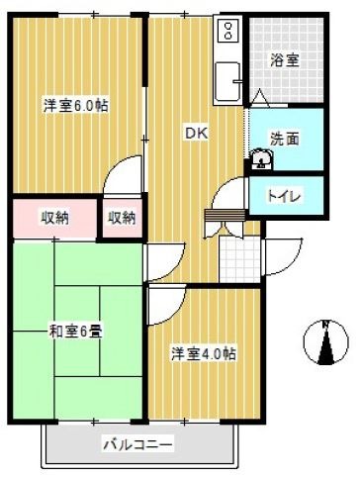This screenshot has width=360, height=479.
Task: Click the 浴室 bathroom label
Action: [x=287, y=59]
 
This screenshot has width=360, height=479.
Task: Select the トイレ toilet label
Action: [x=287, y=195]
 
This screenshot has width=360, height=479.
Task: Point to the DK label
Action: [x=195, y=131]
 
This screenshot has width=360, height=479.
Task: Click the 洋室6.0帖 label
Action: [x=74, y=105]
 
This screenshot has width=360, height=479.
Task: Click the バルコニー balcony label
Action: [x=137, y=442]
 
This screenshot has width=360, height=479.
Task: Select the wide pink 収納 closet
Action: [x=54, y=218]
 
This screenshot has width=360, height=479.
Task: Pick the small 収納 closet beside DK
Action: [x=122, y=218]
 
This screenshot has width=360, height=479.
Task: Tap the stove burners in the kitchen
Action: [x=227, y=34]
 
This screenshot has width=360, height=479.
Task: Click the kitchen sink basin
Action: [x=228, y=79]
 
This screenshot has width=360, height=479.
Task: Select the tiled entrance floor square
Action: [x=238, y=256]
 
